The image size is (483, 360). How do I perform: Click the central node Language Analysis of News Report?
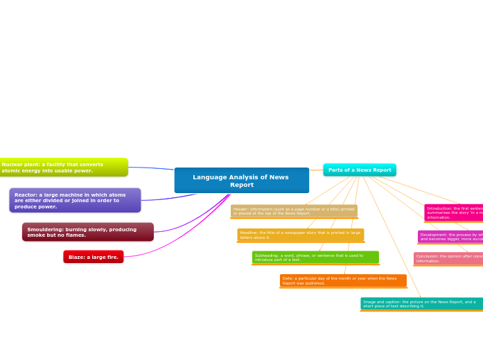point(241,181)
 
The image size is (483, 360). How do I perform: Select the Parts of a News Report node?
point(359,170)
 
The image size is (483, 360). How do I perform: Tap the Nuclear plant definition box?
point(62,168)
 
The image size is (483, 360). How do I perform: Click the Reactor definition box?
point(75,201)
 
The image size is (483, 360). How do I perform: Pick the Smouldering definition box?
point(87,232)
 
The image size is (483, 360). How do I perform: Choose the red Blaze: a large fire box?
point(93,257)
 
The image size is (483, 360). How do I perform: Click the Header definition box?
point(294,211)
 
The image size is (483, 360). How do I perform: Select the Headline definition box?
point(300,235)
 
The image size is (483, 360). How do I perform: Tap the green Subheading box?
point(315,258)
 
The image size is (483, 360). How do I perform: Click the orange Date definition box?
point(343,280)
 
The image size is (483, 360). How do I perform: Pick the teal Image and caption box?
point(421,304)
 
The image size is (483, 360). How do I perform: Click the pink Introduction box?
point(453,213)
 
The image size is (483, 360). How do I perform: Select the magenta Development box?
point(450,237)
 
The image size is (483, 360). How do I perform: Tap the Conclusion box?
point(448,258)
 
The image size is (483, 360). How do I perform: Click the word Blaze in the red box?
point(76,258)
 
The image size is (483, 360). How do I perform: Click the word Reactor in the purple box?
point(26,195)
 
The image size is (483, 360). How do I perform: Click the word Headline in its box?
point(249,233)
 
